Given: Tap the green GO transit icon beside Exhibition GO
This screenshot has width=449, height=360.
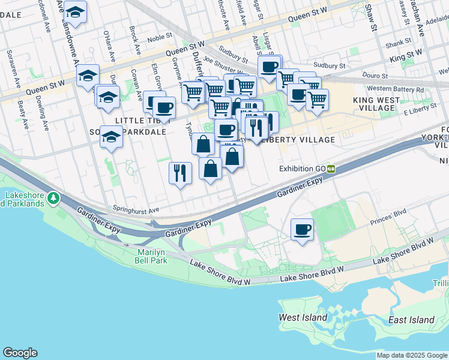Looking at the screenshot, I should (x=331, y=169).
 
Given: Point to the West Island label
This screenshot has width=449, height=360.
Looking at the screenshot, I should (x=303, y=317).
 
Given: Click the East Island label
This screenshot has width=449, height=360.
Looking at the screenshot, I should (x=411, y=320).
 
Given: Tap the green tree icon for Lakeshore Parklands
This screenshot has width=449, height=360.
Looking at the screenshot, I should (x=53, y=197).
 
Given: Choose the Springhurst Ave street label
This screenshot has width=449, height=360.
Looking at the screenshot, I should (x=136, y=210).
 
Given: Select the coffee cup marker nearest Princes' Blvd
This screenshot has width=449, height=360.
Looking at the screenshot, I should (x=302, y=229).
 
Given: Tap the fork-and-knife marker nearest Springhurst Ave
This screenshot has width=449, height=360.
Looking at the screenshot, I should (x=180, y=173).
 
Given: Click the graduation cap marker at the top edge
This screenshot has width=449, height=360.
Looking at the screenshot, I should (x=76, y=11).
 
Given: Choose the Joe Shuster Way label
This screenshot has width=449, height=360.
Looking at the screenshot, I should (x=225, y=59).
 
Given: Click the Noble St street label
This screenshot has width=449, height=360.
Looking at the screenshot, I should (x=160, y=37).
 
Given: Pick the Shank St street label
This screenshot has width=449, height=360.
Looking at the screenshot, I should (x=398, y=43).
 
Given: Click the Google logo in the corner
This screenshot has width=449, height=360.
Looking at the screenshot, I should (x=20, y=353).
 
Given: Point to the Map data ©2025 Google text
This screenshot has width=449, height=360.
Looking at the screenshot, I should (x=411, y=355).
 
